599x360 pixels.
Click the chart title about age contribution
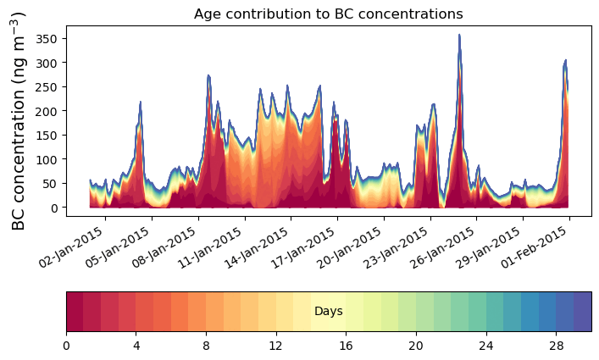(328, 14)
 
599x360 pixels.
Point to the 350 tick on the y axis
(47, 38)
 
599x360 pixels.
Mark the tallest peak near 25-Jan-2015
(459, 36)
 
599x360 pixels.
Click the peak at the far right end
(565, 61)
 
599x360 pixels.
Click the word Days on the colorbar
(328, 312)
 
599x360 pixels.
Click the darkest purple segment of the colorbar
(582, 312)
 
